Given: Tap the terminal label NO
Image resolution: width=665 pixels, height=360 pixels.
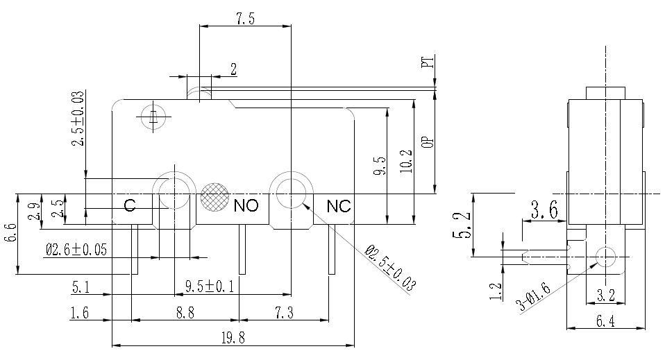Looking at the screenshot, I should [246, 205].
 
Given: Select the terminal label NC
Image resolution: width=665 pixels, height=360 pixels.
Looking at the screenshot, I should [339, 205].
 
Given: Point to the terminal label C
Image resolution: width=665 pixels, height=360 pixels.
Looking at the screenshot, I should [129, 205].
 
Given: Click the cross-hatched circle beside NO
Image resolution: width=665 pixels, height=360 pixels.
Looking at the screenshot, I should [214, 198].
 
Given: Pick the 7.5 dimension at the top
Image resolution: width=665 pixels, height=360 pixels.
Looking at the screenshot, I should [245, 19].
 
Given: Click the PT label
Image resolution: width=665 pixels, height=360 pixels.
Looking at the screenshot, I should [428, 63].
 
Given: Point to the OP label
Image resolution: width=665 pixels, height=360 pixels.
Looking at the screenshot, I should [428, 140].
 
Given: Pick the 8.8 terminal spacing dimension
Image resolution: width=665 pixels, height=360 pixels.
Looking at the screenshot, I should [185, 314].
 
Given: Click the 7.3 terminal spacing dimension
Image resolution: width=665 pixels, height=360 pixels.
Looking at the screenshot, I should [284, 314].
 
